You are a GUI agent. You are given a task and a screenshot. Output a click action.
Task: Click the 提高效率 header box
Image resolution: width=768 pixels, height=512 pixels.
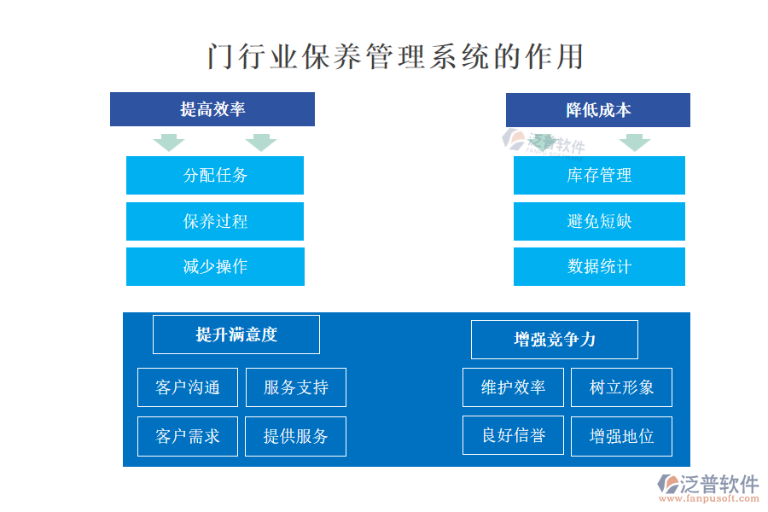(212, 109)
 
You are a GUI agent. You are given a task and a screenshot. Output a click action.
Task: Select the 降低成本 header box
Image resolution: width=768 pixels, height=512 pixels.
(597, 110)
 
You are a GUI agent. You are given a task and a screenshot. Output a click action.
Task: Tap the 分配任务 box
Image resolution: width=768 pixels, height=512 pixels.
(215, 176)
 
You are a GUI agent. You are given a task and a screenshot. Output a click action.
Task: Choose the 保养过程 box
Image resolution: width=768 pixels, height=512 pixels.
(215, 222)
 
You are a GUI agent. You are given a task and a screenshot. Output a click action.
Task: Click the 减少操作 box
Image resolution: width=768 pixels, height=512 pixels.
(215, 266)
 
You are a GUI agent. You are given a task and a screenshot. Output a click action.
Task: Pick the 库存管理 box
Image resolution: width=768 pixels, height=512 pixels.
(599, 176)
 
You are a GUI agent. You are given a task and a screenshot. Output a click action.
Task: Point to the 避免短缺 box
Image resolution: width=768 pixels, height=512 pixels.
(599, 222)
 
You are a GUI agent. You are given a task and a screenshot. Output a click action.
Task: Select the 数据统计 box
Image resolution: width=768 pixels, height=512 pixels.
(599, 266)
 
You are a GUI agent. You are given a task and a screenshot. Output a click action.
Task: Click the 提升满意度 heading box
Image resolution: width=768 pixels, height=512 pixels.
(236, 335)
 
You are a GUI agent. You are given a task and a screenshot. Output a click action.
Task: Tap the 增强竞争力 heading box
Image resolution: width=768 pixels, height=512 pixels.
(555, 340)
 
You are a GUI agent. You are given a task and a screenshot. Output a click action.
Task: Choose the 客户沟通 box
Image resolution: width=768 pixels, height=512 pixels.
(188, 387)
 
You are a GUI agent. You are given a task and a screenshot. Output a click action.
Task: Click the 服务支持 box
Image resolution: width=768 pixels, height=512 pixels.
(296, 387)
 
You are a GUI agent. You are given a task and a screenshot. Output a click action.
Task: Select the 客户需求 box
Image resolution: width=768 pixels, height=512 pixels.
(188, 437)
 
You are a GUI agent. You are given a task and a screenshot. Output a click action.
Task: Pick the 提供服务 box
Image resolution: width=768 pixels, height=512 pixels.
(296, 437)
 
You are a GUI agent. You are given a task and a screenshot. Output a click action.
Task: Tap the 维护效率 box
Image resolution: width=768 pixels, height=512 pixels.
(514, 387)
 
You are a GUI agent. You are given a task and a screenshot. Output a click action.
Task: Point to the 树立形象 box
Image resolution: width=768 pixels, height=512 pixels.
(621, 387)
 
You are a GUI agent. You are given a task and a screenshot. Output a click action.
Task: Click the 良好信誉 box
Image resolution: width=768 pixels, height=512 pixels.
(514, 435)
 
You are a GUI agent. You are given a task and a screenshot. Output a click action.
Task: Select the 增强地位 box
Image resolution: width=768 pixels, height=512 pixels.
(621, 437)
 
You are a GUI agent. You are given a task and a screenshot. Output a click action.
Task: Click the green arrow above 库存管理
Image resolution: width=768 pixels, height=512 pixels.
(635, 143)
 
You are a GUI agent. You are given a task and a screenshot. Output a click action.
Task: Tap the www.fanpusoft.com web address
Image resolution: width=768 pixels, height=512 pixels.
(709, 498)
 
